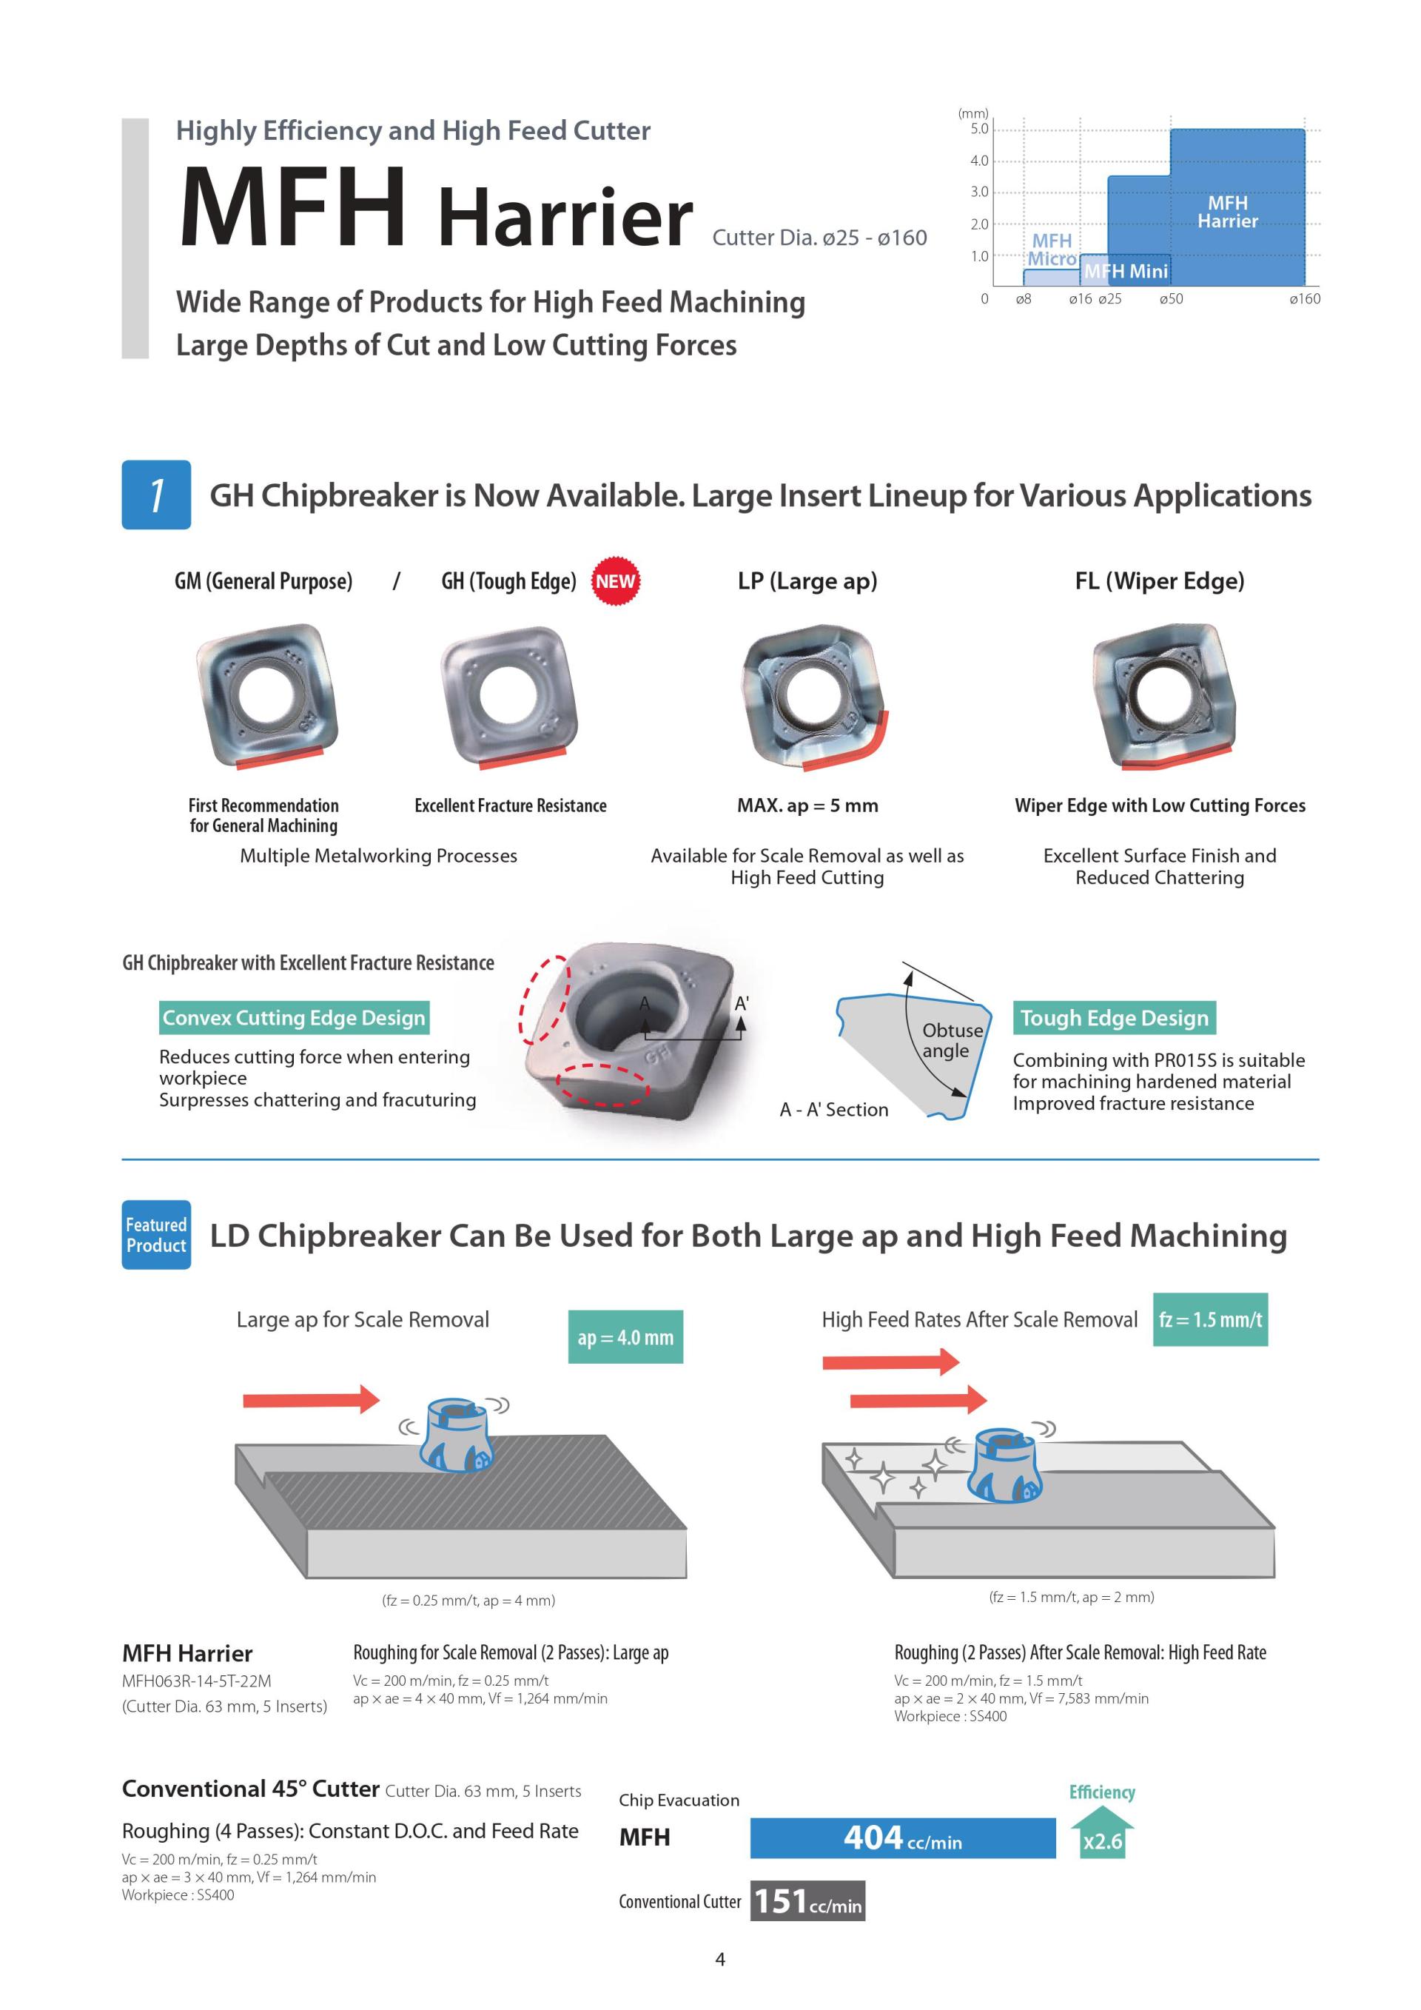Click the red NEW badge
(615, 581)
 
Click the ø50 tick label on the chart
(1170, 299)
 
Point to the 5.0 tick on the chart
(978, 130)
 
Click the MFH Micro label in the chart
(1051, 249)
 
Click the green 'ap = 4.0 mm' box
(625, 1337)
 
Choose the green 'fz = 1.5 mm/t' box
(1209, 1319)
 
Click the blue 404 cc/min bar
(902, 1838)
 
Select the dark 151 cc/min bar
(807, 1901)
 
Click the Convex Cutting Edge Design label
(294, 1017)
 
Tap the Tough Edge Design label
(1114, 1017)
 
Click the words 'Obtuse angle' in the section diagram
(951, 1040)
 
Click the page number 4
(720, 1959)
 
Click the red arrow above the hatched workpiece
(311, 1400)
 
